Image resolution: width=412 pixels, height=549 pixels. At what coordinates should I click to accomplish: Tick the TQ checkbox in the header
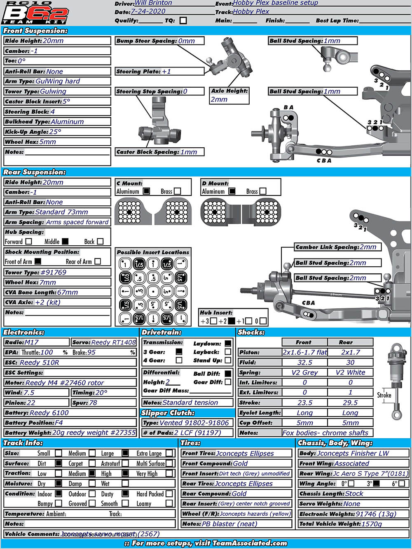(183, 20)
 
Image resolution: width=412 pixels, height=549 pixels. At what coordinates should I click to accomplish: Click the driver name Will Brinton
(153, 3)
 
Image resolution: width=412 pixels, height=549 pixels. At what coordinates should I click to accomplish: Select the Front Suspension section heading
(35, 30)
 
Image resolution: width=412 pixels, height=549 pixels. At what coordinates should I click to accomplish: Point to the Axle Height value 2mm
(219, 99)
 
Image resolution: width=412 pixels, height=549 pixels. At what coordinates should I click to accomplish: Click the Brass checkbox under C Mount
(178, 191)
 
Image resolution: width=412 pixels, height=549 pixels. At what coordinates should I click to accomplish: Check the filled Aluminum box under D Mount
(232, 191)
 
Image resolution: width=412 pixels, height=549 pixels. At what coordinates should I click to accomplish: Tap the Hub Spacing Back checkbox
(100, 242)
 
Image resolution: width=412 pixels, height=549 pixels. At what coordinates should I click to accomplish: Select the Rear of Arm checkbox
(98, 261)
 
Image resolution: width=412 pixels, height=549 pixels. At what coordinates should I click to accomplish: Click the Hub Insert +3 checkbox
(213, 321)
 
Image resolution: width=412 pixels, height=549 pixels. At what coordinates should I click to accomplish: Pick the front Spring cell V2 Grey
(304, 372)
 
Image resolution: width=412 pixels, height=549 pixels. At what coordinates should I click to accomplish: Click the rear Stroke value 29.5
(350, 402)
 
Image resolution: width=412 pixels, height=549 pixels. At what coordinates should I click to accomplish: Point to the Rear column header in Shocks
(346, 342)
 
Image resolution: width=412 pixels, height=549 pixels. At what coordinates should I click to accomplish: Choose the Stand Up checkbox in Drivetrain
(228, 360)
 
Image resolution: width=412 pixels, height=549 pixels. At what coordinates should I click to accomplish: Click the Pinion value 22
(31, 402)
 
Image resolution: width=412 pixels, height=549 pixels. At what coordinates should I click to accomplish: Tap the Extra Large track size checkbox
(169, 453)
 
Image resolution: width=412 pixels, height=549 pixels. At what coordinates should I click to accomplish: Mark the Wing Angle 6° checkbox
(402, 484)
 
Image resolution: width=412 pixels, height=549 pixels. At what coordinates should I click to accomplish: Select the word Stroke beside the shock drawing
(384, 395)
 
